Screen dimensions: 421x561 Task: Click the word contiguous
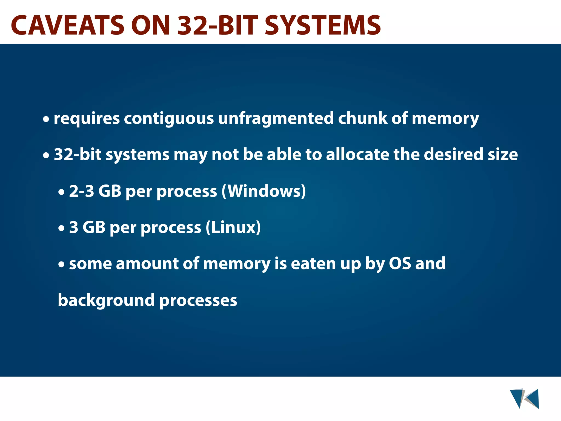(x=169, y=118)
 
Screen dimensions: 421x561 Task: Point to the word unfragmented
(x=276, y=118)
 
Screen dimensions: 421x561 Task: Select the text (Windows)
(x=264, y=191)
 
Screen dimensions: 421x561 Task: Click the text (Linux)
(x=233, y=227)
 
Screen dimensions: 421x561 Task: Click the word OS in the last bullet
(x=400, y=264)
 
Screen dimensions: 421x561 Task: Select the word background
(x=106, y=300)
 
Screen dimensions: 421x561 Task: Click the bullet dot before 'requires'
(x=46, y=120)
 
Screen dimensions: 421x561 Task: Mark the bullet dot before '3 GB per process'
(x=62, y=229)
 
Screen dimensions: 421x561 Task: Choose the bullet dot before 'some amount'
(x=62, y=265)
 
